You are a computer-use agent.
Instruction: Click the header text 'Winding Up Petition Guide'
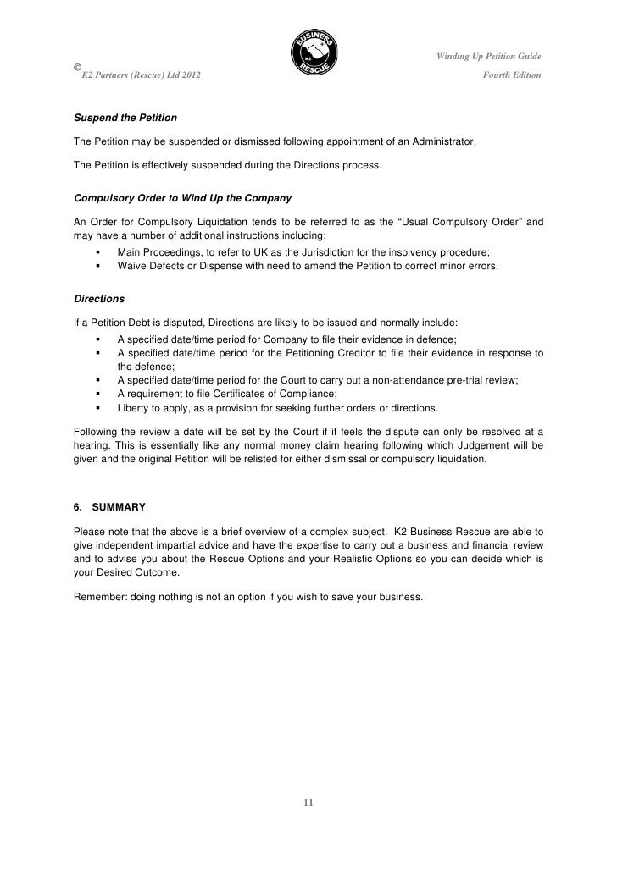(489, 57)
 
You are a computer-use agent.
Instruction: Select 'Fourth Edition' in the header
(511, 76)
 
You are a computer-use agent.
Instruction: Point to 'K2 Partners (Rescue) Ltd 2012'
(141, 76)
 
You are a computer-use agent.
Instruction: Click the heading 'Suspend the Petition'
(125, 116)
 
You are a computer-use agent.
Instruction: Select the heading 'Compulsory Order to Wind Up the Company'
(183, 198)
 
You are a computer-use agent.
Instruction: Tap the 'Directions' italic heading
(100, 299)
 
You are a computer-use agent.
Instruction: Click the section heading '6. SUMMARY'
(109, 507)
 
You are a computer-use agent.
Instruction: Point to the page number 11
(308, 802)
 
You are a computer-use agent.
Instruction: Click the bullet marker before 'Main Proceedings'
(99, 253)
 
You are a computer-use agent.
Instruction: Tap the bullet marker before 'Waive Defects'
(99, 266)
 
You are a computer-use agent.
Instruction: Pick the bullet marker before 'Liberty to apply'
(99, 407)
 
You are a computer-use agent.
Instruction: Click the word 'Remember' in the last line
(100, 597)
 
